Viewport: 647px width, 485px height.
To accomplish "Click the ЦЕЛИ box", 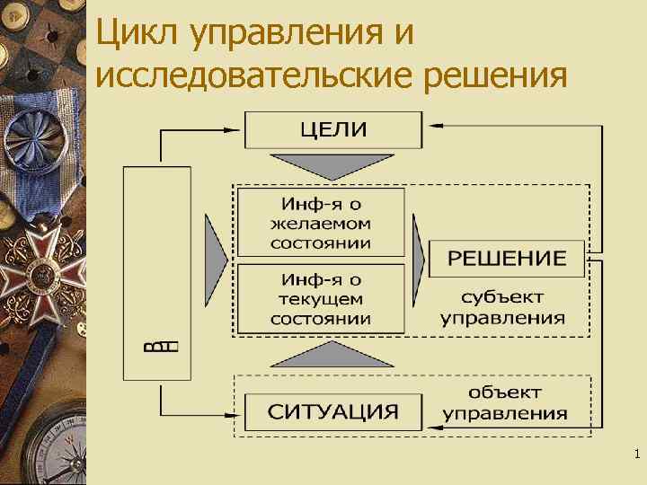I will (x=333, y=128).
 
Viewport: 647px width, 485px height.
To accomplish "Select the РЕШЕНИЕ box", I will (x=507, y=259).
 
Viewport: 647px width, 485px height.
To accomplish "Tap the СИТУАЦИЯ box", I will (x=333, y=412).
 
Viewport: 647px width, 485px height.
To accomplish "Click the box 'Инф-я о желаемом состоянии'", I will (x=320, y=221).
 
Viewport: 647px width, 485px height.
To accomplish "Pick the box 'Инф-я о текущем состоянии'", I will (x=320, y=297).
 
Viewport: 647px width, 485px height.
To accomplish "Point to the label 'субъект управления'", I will (x=503, y=307).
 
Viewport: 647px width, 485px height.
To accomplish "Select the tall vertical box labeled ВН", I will (x=157, y=272).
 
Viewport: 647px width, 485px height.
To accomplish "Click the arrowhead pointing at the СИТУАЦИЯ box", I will (x=238, y=412).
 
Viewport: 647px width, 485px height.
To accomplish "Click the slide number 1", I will (x=636, y=456).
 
